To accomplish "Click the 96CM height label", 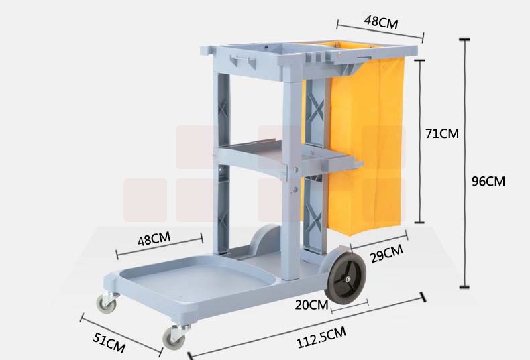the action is pos(488,182).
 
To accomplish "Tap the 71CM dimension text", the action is pos(442,133).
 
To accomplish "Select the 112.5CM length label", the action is pos(321,337).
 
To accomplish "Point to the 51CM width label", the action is pos(109,343).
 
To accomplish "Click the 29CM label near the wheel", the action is pos(387,253).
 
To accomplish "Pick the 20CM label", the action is pos(311,305).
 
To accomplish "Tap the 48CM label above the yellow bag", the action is pos(381,23).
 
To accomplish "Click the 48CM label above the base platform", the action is pos(154,239).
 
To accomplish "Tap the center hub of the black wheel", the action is pos(348,279).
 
